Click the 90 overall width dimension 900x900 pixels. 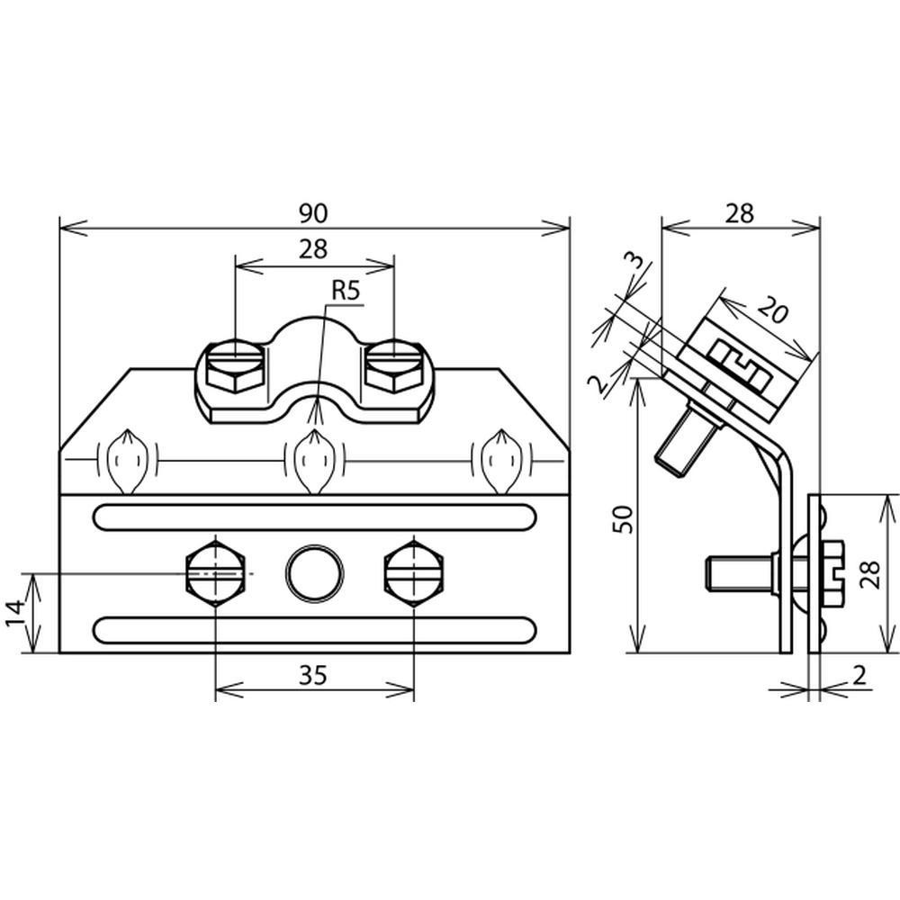(313, 213)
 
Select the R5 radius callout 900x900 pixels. (346, 291)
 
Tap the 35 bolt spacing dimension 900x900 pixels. (313, 676)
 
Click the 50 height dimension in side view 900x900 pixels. (624, 519)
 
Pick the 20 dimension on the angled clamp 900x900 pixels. (772, 310)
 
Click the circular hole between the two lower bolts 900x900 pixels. (314, 573)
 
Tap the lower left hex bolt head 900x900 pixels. (215, 573)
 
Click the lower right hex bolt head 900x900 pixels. (414, 573)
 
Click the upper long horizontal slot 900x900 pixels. (314, 517)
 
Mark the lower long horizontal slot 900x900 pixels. (314, 630)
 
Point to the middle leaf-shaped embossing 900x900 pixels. (314, 461)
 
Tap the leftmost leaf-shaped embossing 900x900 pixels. (128, 461)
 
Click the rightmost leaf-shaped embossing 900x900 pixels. (502, 461)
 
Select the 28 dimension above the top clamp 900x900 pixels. (313, 249)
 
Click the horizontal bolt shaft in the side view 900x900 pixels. (741, 575)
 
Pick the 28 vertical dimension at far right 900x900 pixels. (869, 574)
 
